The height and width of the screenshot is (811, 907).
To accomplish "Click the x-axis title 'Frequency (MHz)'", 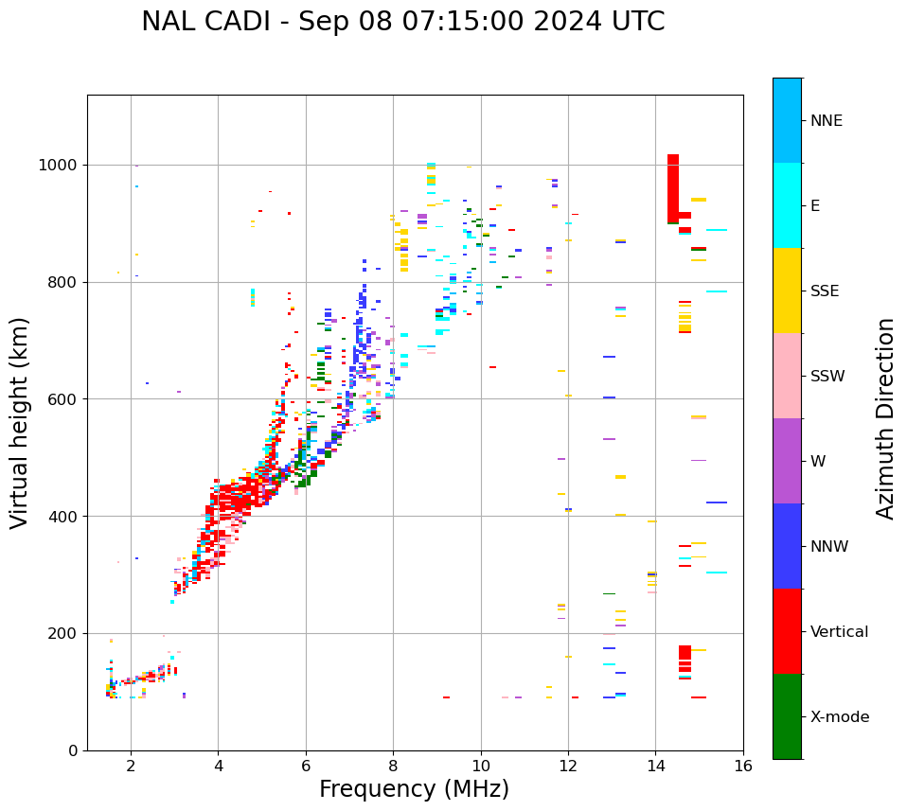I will (x=414, y=789).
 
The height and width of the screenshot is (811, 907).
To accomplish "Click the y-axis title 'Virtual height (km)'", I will (x=20, y=423).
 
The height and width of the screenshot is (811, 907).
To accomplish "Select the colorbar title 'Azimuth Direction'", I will (x=885, y=418).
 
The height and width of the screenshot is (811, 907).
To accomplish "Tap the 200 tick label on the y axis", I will (x=63, y=634).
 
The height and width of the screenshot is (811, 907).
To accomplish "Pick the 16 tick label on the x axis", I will (x=743, y=766).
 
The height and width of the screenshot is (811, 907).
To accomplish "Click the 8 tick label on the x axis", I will (x=393, y=766).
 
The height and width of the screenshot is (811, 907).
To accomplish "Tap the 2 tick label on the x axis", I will (x=131, y=766).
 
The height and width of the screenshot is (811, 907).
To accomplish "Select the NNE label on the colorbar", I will (x=826, y=121).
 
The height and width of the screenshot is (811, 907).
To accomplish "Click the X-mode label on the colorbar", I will (x=839, y=717).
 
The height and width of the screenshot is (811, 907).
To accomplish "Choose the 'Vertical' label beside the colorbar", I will (x=839, y=632).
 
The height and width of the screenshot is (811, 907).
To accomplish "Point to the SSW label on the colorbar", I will (x=827, y=377).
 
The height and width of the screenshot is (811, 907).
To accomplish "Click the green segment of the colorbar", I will (x=787, y=716).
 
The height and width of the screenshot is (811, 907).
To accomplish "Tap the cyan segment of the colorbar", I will (x=787, y=205).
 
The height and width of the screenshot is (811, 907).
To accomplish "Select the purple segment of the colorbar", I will (x=787, y=461).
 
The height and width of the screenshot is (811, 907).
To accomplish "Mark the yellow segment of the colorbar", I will (x=787, y=291).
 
